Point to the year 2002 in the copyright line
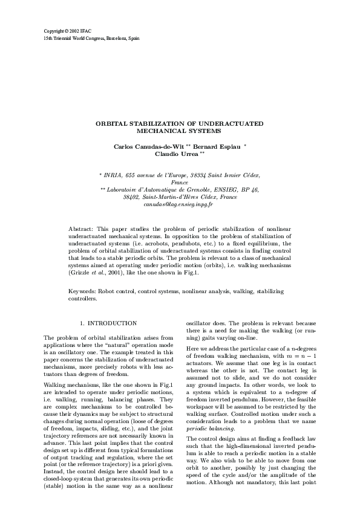(74, 30)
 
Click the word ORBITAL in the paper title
(113, 123)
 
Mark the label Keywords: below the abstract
(82, 292)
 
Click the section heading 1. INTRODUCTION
(108, 323)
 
